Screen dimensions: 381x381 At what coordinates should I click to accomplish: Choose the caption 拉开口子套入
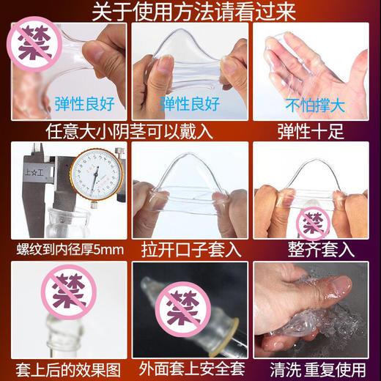[190, 249]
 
